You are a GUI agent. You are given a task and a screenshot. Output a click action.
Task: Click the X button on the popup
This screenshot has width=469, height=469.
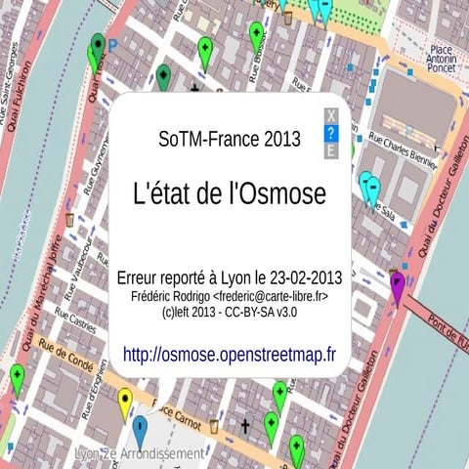(331, 116)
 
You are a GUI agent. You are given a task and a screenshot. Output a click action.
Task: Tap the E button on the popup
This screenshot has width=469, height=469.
(331, 151)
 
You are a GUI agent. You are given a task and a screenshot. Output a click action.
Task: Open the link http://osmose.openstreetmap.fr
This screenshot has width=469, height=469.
(229, 354)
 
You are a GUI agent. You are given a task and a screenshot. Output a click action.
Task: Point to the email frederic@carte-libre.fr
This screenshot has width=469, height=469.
(272, 295)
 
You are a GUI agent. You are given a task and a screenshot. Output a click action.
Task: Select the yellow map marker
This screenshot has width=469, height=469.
(125, 401)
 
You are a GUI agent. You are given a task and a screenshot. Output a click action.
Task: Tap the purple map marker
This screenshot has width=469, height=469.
(398, 285)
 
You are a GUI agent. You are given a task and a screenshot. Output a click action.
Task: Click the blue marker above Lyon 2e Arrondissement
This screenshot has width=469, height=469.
(140, 428)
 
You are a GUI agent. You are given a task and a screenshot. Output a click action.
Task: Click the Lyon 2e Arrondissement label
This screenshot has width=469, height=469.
(142, 455)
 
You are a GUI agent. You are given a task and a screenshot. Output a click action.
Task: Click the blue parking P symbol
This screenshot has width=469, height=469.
(112, 44)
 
